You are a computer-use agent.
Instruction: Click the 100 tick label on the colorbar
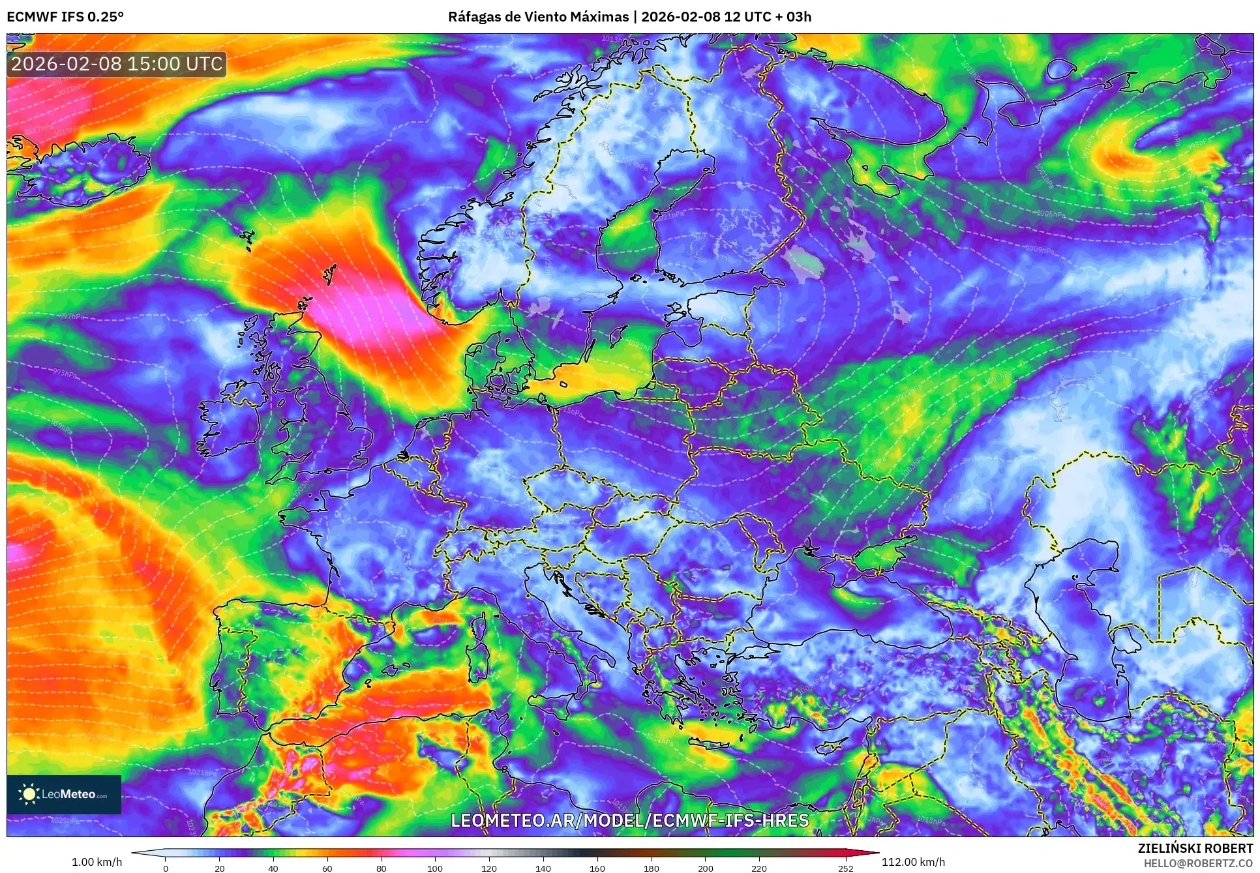(435, 868)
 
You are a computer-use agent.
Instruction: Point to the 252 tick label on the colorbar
(845, 868)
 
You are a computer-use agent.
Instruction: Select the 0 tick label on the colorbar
(166, 868)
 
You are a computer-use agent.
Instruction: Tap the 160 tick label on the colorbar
(597, 868)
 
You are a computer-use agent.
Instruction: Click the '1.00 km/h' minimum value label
(97, 862)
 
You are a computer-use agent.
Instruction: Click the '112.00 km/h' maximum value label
(913, 862)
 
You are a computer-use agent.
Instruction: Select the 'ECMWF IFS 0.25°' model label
(65, 17)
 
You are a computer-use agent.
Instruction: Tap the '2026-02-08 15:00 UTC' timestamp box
(117, 64)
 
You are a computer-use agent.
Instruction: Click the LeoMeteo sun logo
(29, 794)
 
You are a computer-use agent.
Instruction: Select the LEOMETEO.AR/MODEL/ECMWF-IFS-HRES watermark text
(629, 820)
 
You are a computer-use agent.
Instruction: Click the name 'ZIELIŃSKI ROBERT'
(1195, 848)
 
